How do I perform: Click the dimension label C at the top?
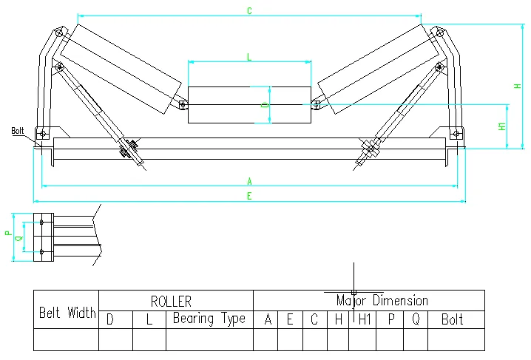pyautogui.click(x=249, y=10)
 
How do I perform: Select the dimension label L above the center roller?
pyautogui.click(x=248, y=56)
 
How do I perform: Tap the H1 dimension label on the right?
pyautogui.click(x=503, y=126)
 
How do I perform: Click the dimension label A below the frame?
pyautogui.click(x=249, y=181)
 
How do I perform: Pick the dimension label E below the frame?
pyautogui.click(x=249, y=196)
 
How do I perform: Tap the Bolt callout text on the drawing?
pyautogui.click(x=18, y=131)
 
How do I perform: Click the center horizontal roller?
pyautogui.click(x=249, y=105)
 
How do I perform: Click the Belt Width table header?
pyautogui.click(x=67, y=313)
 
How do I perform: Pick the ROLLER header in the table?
pyautogui.click(x=171, y=301)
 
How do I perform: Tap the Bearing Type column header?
pyautogui.click(x=209, y=319)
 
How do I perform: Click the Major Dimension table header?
pyautogui.click(x=382, y=301)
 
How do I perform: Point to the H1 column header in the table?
pyautogui.click(x=362, y=319)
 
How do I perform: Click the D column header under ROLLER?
pyautogui.click(x=110, y=319)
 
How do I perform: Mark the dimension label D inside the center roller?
pyautogui.click(x=265, y=106)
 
